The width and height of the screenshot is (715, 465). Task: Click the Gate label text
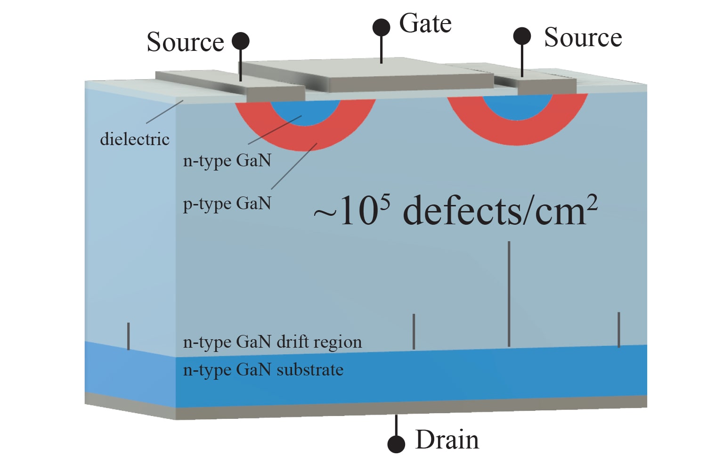point(425,24)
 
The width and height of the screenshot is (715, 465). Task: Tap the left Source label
point(185,42)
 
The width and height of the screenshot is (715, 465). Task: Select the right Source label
point(583,37)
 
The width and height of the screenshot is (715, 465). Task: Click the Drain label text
point(447,440)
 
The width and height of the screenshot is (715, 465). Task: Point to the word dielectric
point(135,139)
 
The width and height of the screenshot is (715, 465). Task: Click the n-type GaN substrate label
point(263,370)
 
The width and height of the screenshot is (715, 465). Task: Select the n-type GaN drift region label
point(272,342)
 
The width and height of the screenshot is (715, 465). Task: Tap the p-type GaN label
point(227,204)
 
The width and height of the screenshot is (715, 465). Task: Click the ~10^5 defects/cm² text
point(455,211)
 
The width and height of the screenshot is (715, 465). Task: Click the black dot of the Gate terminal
point(381,27)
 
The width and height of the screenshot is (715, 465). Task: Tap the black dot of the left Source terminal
point(241,41)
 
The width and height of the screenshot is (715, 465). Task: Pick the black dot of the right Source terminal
point(522,36)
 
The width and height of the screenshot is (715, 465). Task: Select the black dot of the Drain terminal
point(396,444)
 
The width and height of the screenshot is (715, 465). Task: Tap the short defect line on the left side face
point(128,336)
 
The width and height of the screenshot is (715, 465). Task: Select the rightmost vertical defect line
point(618,329)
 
